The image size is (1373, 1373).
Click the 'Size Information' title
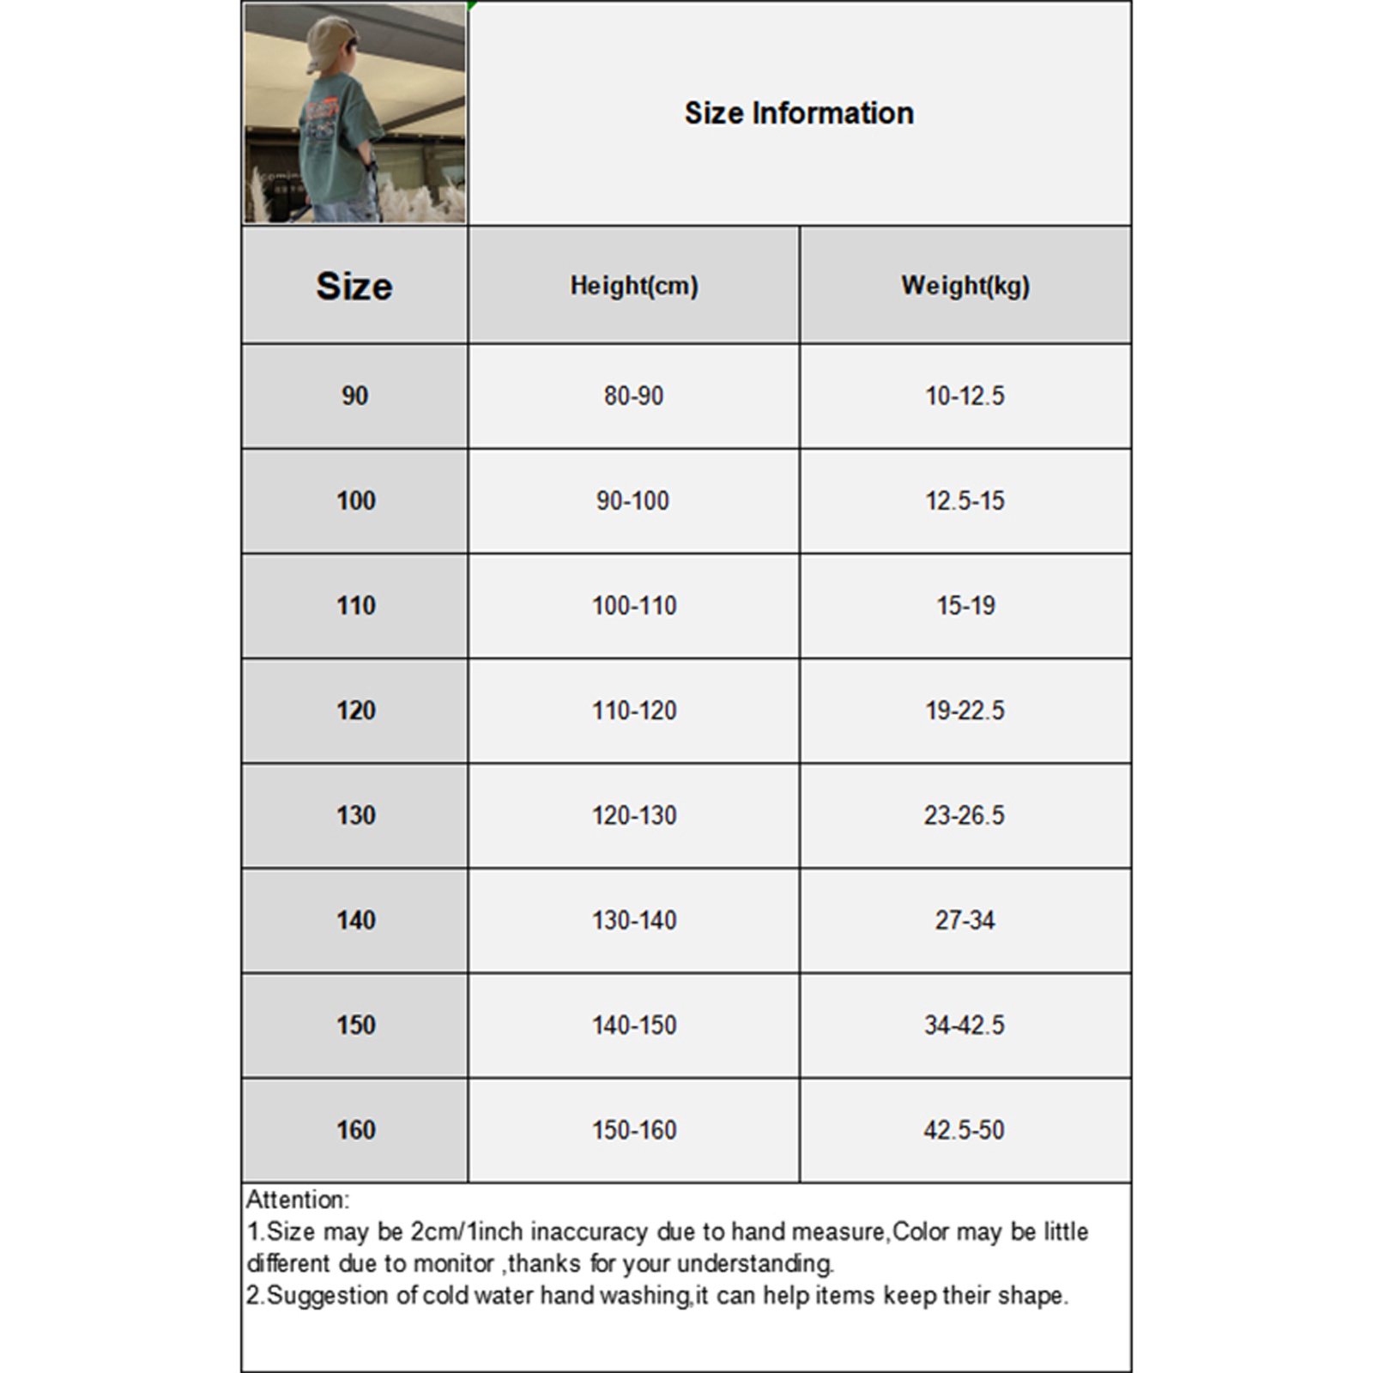point(799,113)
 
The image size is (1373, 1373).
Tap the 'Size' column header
point(354,286)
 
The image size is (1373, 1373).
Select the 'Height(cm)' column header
point(634,286)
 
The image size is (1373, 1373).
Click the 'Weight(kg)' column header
point(965,286)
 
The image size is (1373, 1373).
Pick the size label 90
point(354,396)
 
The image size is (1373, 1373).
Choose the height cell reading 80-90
point(633,396)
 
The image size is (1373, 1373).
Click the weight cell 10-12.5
point(965,396)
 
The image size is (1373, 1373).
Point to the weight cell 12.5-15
point(965,500)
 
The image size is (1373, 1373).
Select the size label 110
point(355,606)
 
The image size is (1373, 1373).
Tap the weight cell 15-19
point(965,606)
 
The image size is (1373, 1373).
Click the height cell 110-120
point(634,711)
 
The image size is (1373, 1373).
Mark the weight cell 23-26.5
point(964,815)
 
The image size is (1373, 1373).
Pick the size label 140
point(355,920)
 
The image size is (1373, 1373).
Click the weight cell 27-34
point(965,920)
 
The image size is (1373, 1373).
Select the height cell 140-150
point(634,1025)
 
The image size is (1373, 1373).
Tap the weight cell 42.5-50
point(964,1129)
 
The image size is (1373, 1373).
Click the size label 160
point(355,1129)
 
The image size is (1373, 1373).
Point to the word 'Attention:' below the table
point(298,1200)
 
